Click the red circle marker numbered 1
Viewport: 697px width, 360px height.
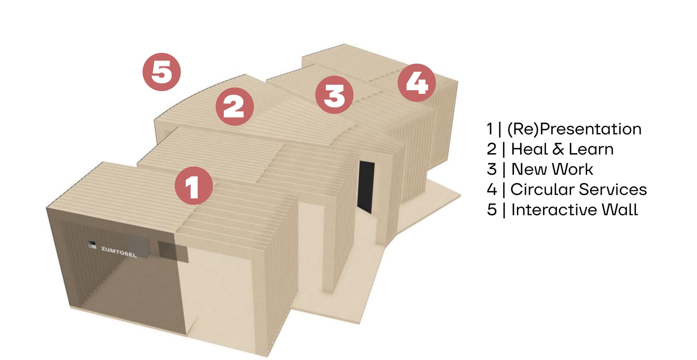coord(193,186)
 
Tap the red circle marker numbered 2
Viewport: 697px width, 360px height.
coord(235,107)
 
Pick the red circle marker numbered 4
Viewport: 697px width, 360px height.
coord(417,83)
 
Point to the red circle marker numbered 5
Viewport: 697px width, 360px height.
coord(162,72)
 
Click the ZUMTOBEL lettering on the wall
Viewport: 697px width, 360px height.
coord(119,252)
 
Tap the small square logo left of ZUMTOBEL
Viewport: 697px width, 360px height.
coord(92,245)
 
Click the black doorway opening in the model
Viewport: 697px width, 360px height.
coord(366,187)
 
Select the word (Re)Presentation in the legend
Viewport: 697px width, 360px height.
coord(574,129)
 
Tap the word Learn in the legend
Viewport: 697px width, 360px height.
coord(591,149)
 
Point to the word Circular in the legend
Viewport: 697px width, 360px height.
coord(542,190)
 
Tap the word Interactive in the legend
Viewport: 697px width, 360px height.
coord(554,210)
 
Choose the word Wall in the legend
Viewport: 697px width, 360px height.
coord(620,210)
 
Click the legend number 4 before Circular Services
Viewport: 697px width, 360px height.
coord(492,190)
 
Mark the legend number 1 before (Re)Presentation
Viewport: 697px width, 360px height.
coord(490,129)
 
